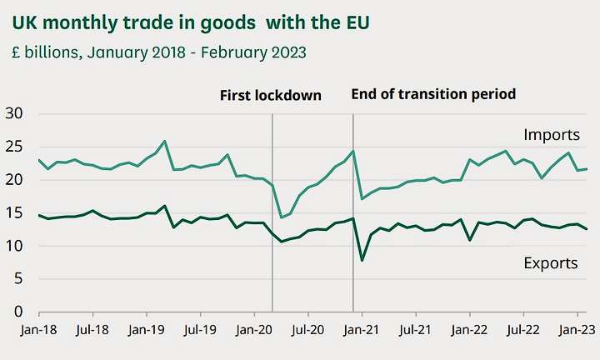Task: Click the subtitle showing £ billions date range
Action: point(158,52)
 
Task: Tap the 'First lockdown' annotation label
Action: point(270,95)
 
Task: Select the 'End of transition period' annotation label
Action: point(433,94)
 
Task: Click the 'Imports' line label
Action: point(552,134)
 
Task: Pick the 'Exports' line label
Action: point(551,263)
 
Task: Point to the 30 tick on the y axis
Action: point(14,113)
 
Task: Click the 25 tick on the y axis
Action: point(14,147)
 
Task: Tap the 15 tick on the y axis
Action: point(14,212)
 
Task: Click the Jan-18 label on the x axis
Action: point(37,330)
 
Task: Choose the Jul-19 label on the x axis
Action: point(200,330)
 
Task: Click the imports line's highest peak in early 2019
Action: point(165,141)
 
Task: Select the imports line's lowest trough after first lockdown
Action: point(282,217)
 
